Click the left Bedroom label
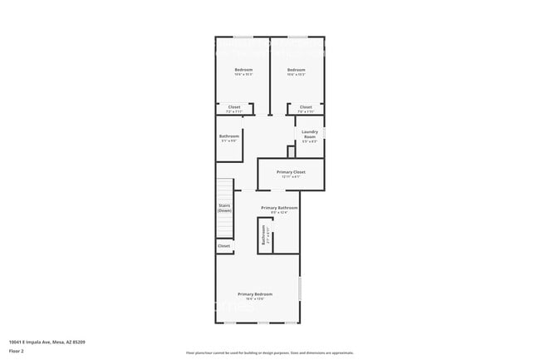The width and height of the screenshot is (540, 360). pos(243,69)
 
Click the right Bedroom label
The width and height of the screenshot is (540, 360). pos(297,69)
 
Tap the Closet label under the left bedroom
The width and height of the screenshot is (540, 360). pos(234,106)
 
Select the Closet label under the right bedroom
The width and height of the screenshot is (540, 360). pos(306,106)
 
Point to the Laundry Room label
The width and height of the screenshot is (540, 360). pos(311,134)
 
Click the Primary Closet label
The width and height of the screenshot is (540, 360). pos(291,172)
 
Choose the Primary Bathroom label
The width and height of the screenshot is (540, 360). pos(279,207)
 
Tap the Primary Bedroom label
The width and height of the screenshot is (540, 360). pos(256,294)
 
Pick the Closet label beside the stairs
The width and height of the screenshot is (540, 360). pos(224,246)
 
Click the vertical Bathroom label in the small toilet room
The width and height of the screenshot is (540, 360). pos(263,238)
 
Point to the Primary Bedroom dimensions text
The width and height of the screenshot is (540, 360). pos(256,299)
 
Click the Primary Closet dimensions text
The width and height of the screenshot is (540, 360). pos(291,177)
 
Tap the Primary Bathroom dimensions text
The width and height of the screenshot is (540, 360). pos(279,213)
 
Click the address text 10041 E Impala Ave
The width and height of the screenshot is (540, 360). pos(47,342)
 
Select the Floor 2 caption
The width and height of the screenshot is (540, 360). pos(17,351)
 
